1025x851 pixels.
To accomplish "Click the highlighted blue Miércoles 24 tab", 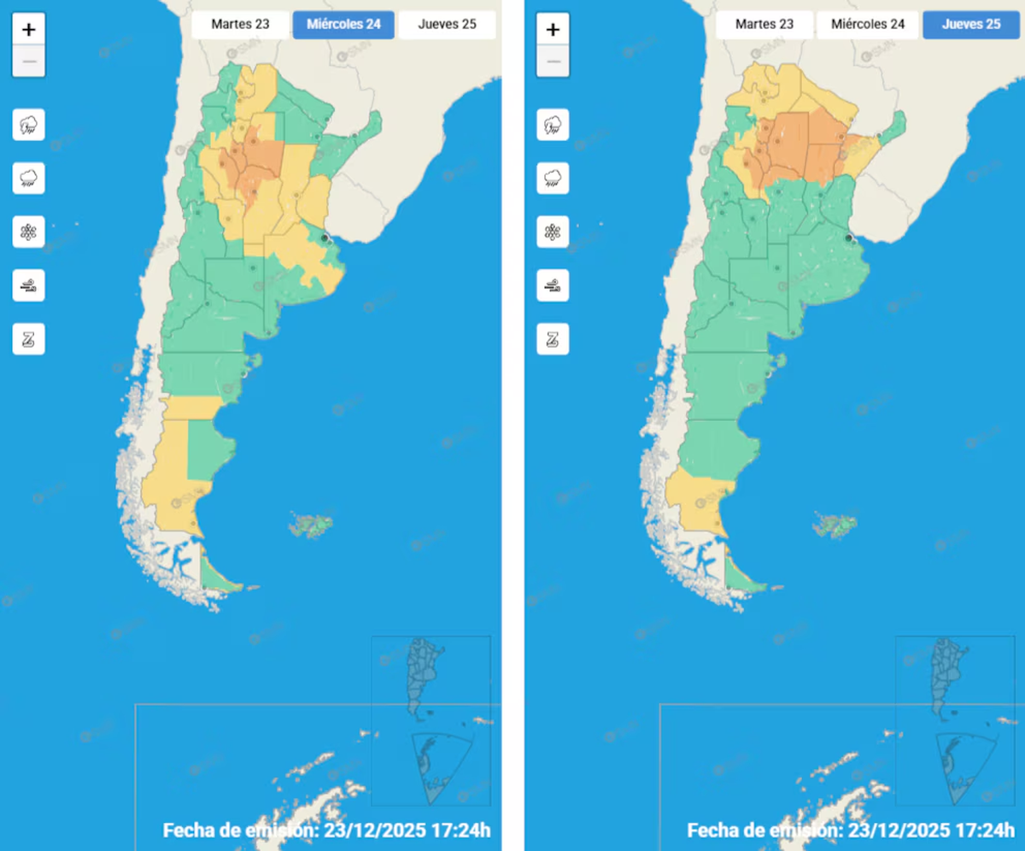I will coord(343,25).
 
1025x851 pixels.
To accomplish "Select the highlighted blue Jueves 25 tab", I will coord(971,25).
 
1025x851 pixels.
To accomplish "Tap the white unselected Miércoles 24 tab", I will coord(868,25).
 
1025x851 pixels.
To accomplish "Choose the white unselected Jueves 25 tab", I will coord(447,25).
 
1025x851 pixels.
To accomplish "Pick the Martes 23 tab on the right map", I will coord(764,25).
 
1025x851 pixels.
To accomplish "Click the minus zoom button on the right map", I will coord(553,62).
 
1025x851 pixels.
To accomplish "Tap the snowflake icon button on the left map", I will coord(29,232).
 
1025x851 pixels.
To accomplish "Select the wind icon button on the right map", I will coord(553,286).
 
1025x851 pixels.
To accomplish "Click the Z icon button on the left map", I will coord(29,339).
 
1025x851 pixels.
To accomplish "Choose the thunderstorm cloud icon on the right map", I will coord(553,126).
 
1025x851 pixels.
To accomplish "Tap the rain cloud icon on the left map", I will coord(29,179).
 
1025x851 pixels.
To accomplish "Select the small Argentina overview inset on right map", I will coord(949,675).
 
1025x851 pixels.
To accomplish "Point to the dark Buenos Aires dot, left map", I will coord(324,238).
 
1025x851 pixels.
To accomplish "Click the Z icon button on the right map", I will coord(553,339).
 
